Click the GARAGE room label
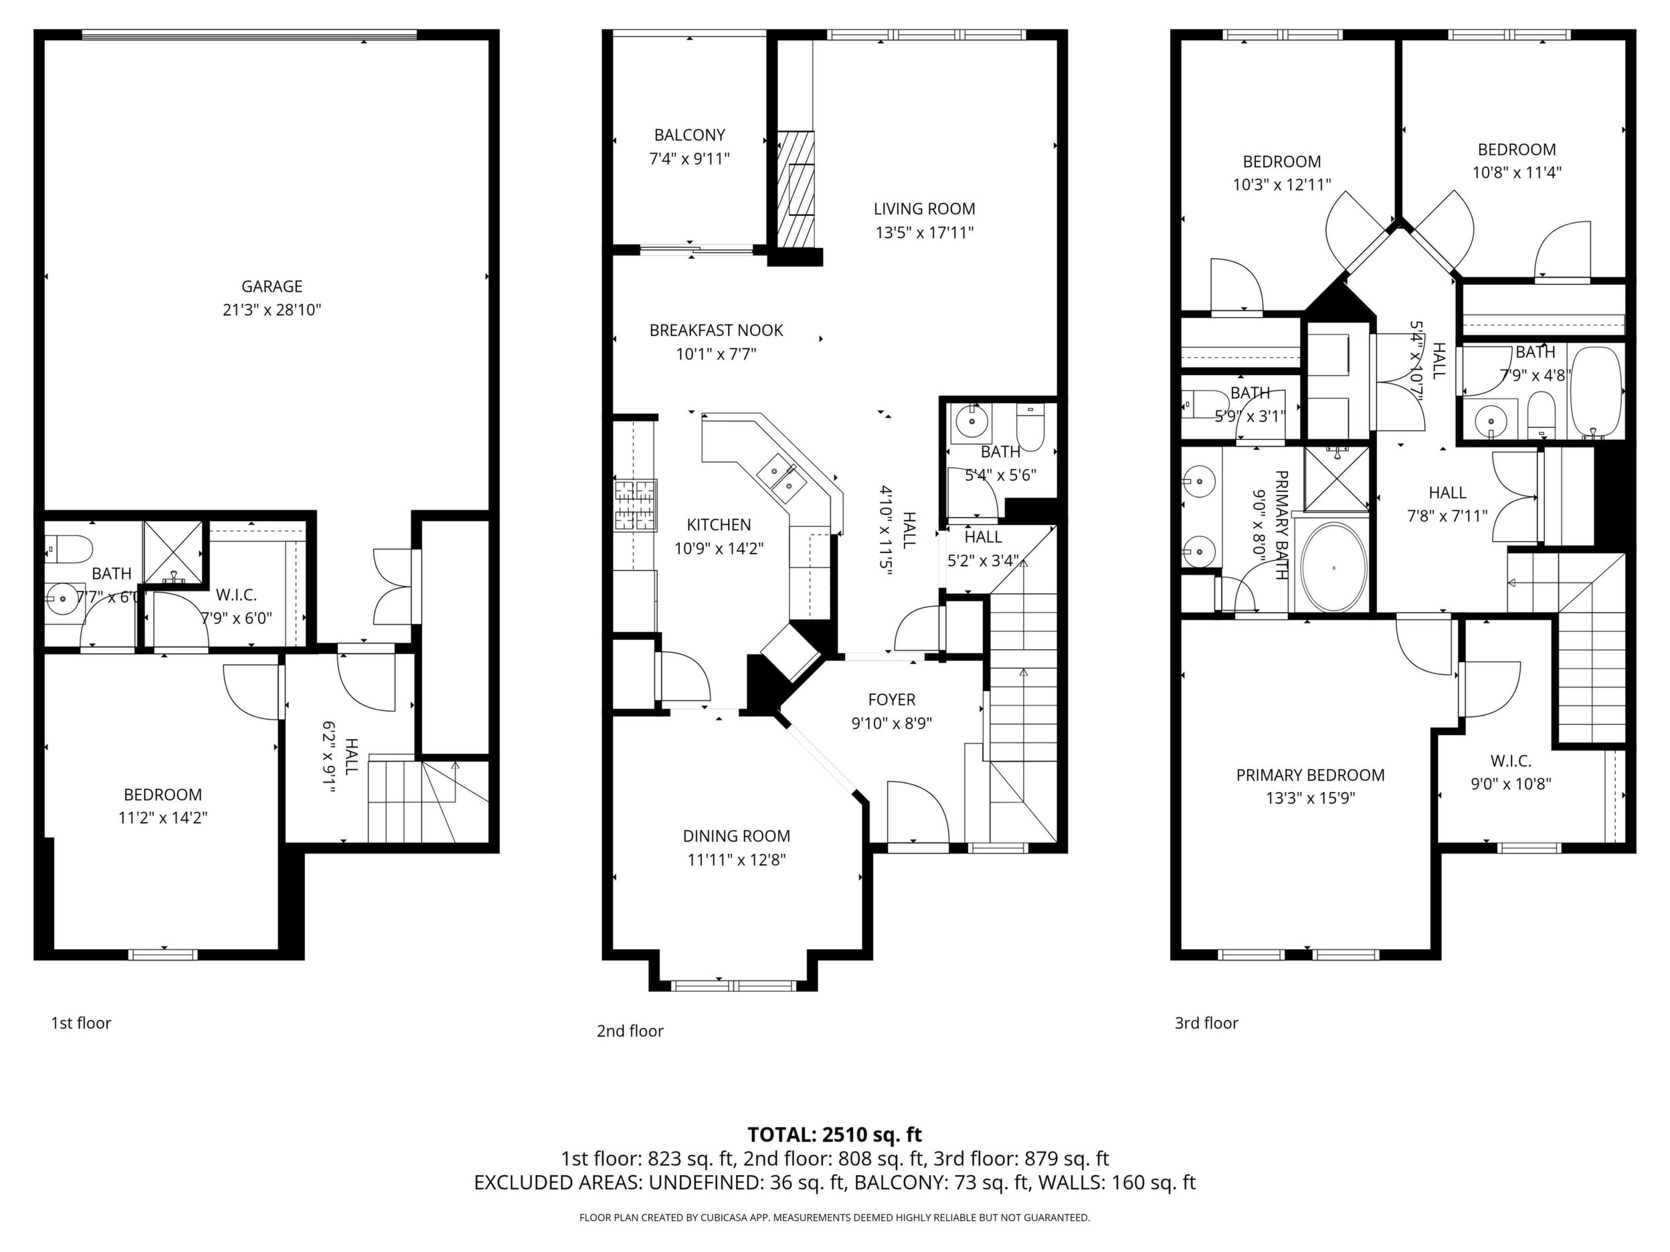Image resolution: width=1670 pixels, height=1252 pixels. point(272,287)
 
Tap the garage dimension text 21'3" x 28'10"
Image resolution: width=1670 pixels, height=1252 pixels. point(272,310)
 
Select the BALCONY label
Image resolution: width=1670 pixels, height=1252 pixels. point(689,135)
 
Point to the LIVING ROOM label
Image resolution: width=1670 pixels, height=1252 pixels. point(924,209)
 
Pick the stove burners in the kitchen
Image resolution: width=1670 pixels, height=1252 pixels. point(636,506)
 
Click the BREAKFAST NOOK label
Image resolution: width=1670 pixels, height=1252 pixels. point(717,330)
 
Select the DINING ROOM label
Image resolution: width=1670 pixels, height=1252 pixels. point(737,836)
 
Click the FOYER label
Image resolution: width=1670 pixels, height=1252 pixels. point(892,700)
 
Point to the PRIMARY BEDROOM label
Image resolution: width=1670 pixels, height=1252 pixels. point(1311,775)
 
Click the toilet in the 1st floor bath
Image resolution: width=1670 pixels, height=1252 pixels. point(67,548)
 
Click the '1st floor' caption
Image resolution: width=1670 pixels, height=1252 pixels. point(81,1023)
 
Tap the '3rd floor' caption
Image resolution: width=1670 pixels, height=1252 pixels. point(1206,1023)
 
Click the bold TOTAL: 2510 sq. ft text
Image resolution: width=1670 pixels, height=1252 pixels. point(835,1135)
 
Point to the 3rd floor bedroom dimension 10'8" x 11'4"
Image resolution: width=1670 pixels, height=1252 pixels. point(1517,172)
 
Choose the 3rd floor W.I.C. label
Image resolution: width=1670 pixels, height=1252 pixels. point(1511,760)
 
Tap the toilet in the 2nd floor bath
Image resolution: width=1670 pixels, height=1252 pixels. point(1030,428)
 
